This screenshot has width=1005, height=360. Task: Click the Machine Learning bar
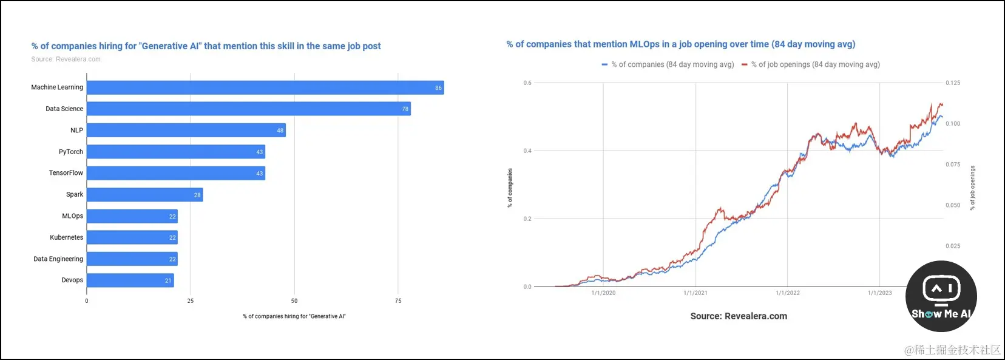pos(265,87)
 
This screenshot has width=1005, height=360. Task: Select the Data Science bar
pos(249,109)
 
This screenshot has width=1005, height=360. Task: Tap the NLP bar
pos(186,131)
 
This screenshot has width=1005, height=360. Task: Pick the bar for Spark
pos(144,195)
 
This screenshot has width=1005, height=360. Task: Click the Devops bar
pos(130,280)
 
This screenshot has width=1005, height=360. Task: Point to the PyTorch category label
pos(71,152)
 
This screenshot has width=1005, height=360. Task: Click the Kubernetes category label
pos(67,237)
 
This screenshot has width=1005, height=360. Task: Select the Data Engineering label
pos(58,259)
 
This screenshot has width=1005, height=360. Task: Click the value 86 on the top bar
pos(438,88)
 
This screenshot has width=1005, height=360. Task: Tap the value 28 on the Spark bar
pos(197,195)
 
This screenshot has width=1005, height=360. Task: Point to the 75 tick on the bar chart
pos(398,301)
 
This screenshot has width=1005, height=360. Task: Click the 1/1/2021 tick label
pos(695,293)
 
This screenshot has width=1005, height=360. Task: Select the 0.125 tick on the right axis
pos(953,83)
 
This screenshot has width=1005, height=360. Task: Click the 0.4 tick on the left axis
pos(527,151)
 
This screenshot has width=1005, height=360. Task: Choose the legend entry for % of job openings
pos(811,64)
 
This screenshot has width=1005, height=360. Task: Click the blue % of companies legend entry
pos(668,64)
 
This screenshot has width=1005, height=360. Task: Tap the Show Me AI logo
pos(941,296)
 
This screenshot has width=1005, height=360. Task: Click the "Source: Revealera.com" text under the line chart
pos(739,316)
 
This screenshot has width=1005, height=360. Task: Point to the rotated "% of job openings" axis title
pos(972,188)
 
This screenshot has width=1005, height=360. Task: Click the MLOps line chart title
pos(681,44)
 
